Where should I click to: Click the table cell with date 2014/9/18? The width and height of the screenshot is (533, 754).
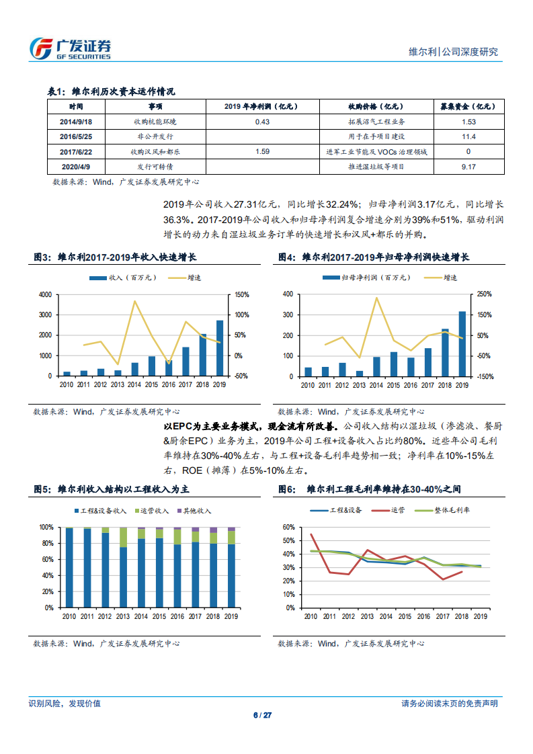[x=76, y=122]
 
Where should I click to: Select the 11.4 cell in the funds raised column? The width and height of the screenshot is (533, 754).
[x=468, y=136]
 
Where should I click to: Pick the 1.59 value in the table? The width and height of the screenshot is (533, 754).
[x=263, y=152]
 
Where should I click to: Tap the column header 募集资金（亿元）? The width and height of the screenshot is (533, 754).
[x=468, y=106]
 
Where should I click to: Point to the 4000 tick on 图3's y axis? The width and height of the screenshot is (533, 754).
[x=45, y=294]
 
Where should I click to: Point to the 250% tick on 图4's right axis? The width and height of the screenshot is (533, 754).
[x=484, y=294]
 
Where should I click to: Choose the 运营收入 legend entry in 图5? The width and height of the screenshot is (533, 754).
[x=153, y=511]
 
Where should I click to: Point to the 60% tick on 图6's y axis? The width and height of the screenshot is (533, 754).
[x=289, y=527]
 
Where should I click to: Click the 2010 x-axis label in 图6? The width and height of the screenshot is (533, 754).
[x=310, y=616]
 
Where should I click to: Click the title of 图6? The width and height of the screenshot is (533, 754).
[x=370, y=490]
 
